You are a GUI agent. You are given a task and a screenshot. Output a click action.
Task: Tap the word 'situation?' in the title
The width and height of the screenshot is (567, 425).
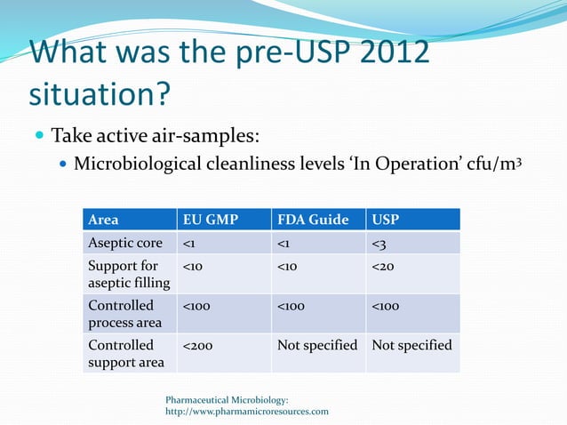(100, 92)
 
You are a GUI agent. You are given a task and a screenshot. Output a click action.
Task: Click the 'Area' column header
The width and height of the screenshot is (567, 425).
(103, 220)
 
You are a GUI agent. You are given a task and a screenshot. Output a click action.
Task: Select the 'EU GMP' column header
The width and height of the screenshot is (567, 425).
(210, 220)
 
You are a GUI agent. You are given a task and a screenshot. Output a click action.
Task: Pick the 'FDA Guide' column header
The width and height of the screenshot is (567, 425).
(313, 220)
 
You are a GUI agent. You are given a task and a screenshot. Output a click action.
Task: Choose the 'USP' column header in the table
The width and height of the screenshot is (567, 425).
(386, 220)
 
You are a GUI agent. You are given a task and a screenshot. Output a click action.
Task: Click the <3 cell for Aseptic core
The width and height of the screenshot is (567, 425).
(380, 243)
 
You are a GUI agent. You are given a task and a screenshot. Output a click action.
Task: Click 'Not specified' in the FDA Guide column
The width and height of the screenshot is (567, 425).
(317, 345)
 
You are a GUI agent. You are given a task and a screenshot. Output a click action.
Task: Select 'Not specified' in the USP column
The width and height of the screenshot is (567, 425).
(411, 345)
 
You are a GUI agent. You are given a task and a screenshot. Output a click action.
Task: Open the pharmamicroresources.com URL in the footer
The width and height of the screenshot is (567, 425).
(247, 412)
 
